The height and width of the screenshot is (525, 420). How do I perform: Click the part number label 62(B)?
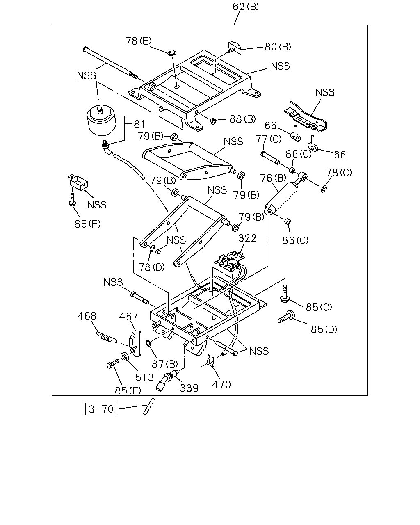[246, 7]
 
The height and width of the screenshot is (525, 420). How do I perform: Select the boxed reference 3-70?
[100, 409]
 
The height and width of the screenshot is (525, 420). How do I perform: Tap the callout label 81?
[139, 124]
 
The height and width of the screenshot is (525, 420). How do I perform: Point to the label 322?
[247, 238]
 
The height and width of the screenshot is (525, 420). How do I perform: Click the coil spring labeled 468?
[106, 337]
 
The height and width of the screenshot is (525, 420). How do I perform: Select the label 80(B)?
[278, 47]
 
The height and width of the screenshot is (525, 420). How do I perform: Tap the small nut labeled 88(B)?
[212, 121]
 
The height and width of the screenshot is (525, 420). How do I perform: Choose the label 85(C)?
[319, 307]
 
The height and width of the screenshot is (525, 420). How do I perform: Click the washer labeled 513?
[125, 357]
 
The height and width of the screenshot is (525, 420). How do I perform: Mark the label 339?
[189, 388]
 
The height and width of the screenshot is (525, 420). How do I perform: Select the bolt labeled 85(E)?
[113, 363]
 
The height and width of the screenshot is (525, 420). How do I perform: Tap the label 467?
[128, 317]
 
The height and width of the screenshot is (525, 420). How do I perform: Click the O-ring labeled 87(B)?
[148, 343]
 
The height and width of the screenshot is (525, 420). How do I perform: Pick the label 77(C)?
[269, 139]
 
